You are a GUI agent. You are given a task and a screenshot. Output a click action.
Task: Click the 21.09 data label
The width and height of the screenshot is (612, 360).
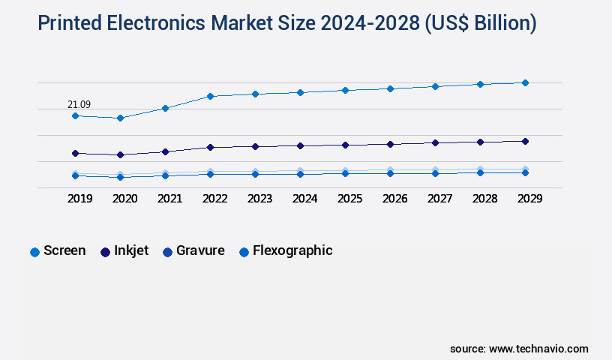point(79,104)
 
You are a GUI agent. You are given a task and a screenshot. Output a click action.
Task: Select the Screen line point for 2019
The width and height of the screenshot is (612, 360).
point(75,115)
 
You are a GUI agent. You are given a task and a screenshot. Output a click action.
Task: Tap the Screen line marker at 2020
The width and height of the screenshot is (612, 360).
point(120,118)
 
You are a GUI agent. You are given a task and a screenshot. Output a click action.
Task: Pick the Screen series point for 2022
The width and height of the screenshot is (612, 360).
point(210,96)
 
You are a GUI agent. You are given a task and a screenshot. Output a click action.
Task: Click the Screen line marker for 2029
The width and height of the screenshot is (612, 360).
point(525,82)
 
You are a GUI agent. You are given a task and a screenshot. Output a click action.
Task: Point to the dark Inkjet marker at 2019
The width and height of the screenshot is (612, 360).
point(75,153)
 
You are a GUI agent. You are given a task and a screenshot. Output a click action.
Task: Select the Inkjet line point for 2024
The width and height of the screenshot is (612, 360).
point(300,145)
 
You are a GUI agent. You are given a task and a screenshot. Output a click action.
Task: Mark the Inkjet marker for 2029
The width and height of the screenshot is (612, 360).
point(525,141)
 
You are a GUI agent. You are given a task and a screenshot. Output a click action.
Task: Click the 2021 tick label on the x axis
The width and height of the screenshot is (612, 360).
point(169,199)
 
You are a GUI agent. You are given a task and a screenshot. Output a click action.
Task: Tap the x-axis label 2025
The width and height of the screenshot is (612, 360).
point(349,199)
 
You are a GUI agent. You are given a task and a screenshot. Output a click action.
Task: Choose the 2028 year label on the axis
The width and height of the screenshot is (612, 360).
point(484,199)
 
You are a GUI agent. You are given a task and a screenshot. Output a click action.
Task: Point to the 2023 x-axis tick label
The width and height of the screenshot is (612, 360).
point(259,199)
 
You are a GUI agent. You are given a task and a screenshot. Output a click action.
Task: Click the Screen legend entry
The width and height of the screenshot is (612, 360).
point(64,251)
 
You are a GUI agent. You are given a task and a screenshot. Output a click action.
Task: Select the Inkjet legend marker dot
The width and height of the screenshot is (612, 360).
point(106,252)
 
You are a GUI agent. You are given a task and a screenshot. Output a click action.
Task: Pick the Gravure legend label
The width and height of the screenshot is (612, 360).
point(200,251)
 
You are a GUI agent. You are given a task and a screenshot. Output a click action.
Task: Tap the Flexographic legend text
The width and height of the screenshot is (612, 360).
point(292,251)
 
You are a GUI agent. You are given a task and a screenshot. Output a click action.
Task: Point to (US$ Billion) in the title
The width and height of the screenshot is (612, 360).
point(481,24)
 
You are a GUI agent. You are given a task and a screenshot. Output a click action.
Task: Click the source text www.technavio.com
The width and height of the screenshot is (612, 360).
point(538,349)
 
